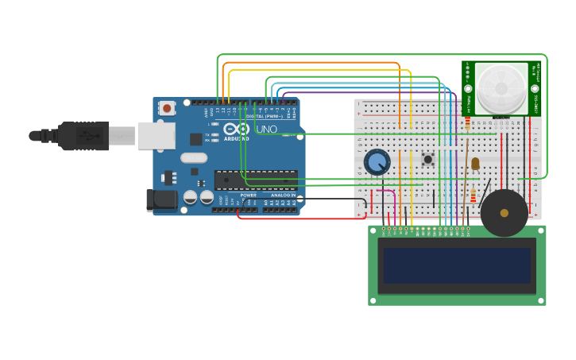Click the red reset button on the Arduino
point(167,108)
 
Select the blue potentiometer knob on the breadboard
point(377,162)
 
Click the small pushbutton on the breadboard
point(427,159)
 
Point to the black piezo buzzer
point(504,213)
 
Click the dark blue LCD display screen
point(457,265)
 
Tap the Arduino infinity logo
point(236,129)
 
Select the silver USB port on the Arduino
point(156,136)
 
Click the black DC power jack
point(162,200)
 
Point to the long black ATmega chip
point(256,179)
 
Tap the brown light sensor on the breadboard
point(475,164)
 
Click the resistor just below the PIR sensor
point(467,123)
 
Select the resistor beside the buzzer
point(474,195)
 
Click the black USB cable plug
point(83,136)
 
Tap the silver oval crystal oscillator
point(194,157)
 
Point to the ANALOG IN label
point(283,195)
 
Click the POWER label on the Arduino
point(249,195)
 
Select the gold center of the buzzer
point(504,213)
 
